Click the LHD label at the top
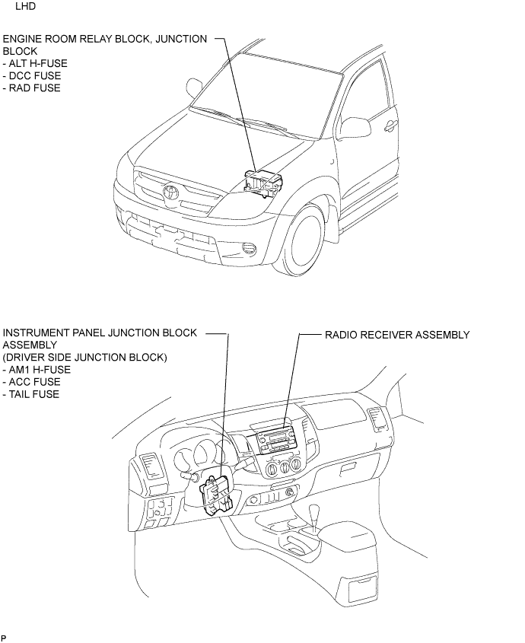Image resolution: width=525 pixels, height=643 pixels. (x=25, y=7)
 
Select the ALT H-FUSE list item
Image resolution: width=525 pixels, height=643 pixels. (x=35, y=64)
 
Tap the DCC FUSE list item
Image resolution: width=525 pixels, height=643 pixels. (x=32, y=76)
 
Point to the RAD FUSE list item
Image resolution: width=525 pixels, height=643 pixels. (x=32, y=88)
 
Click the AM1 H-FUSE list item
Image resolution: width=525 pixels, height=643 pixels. (x=37, y=370)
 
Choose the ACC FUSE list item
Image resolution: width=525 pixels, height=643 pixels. (x=32, y=382)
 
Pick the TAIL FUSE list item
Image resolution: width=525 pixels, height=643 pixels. (x=31, y=394)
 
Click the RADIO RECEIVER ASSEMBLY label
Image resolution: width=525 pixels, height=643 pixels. (x=397, y=335)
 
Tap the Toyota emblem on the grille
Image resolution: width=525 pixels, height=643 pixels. (x=170, y=192)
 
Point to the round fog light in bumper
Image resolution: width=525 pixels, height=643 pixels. (x=249, y=247)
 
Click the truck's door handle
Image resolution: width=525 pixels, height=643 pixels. (x=391, y=126)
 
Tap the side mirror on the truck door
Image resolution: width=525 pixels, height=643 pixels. (x=355, y=127)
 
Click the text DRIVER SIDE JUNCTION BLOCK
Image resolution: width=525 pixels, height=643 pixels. (x=85, y=358)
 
